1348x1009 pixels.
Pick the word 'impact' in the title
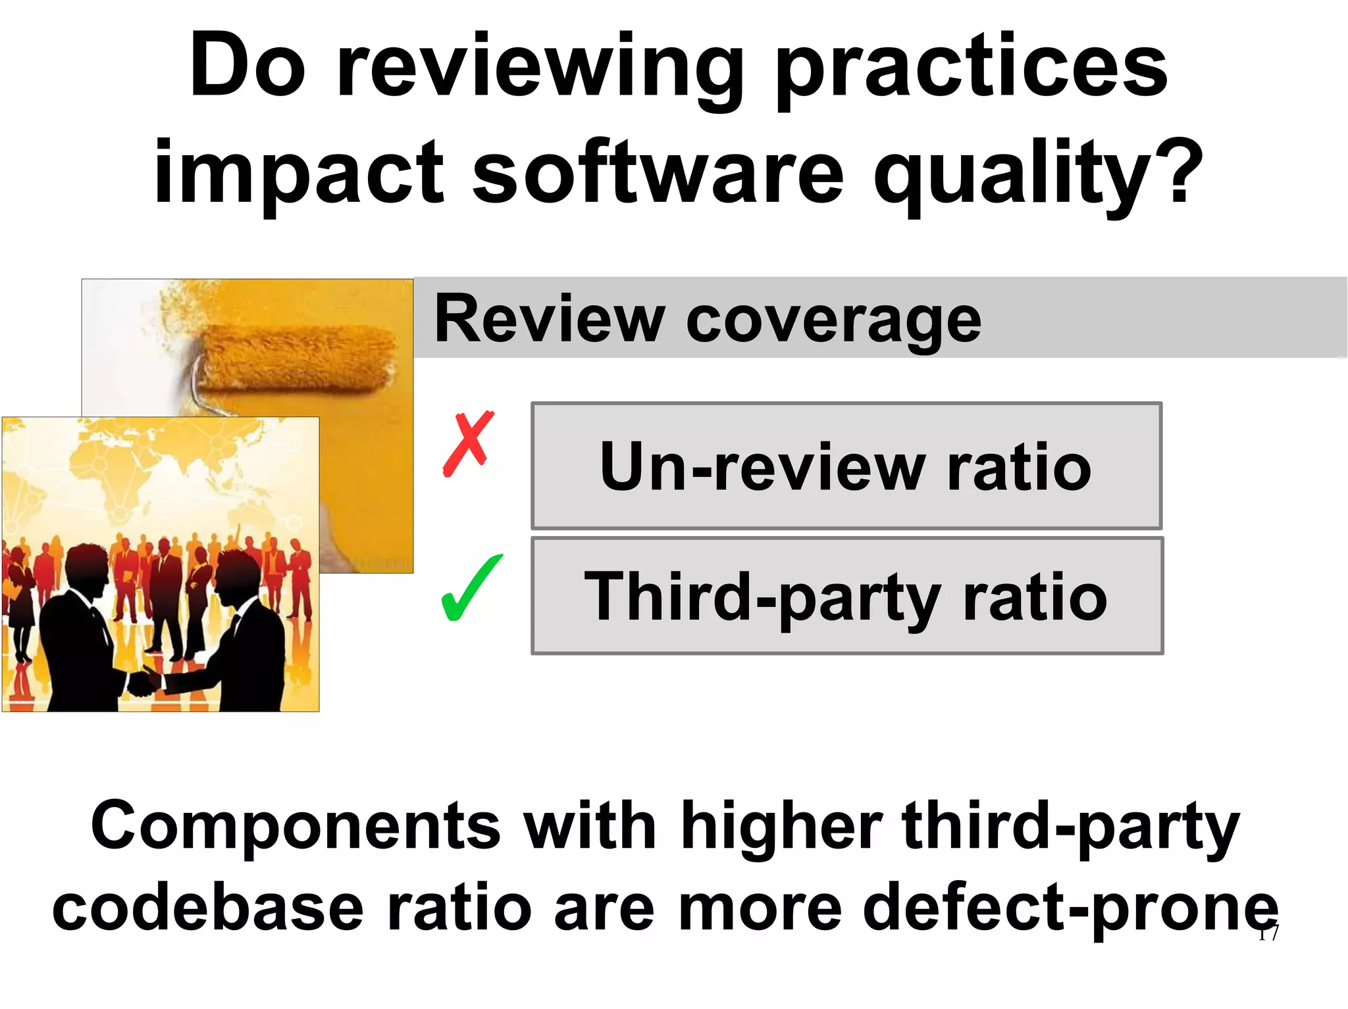coord(299,174)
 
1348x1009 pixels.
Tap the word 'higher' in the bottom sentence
coord(781,825)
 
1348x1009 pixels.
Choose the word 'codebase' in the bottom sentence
coord(208,908)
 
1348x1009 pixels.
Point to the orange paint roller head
coord(296,359)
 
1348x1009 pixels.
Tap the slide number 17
coord(1268,933)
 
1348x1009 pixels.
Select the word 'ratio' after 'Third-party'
coord(1034,597)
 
